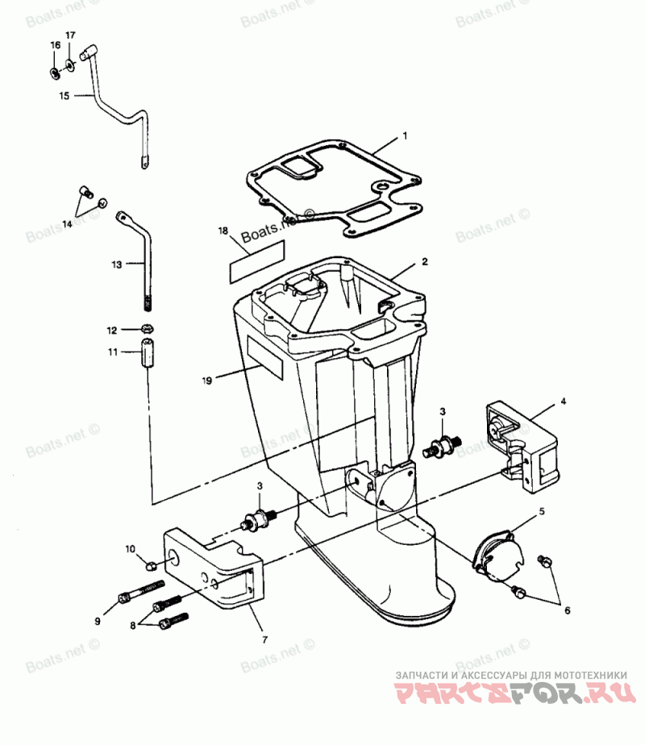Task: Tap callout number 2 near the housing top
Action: point(424,261)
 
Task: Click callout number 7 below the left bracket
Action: point(265,640)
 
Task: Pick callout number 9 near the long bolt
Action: point(98,621)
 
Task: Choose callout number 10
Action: point(131,549)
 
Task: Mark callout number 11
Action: point(114,352)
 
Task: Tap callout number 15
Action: point(64,95)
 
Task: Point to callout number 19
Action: point(208,380)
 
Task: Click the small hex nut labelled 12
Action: point(148,329)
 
